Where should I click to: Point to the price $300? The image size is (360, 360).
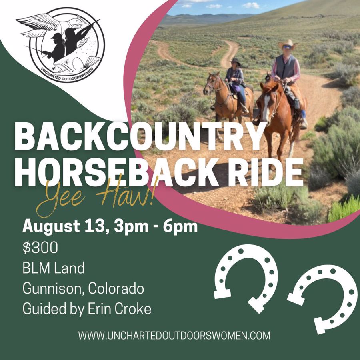click(40, 248)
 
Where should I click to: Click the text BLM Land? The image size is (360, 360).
click(54, 268)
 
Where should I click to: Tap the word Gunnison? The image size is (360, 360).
click(52, 288)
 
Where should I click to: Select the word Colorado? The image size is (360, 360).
click(116, 288)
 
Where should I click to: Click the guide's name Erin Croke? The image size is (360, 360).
click(119, 309)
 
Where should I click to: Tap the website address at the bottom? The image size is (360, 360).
click(174, 336)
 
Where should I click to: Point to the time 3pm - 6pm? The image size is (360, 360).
click(156, 226)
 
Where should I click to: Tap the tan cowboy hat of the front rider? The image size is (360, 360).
click(286, 44)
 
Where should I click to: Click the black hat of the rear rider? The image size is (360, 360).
click(236, 62)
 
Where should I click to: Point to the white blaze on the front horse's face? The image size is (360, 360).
click(266, 108)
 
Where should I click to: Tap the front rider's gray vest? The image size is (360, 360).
click(286, 66)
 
